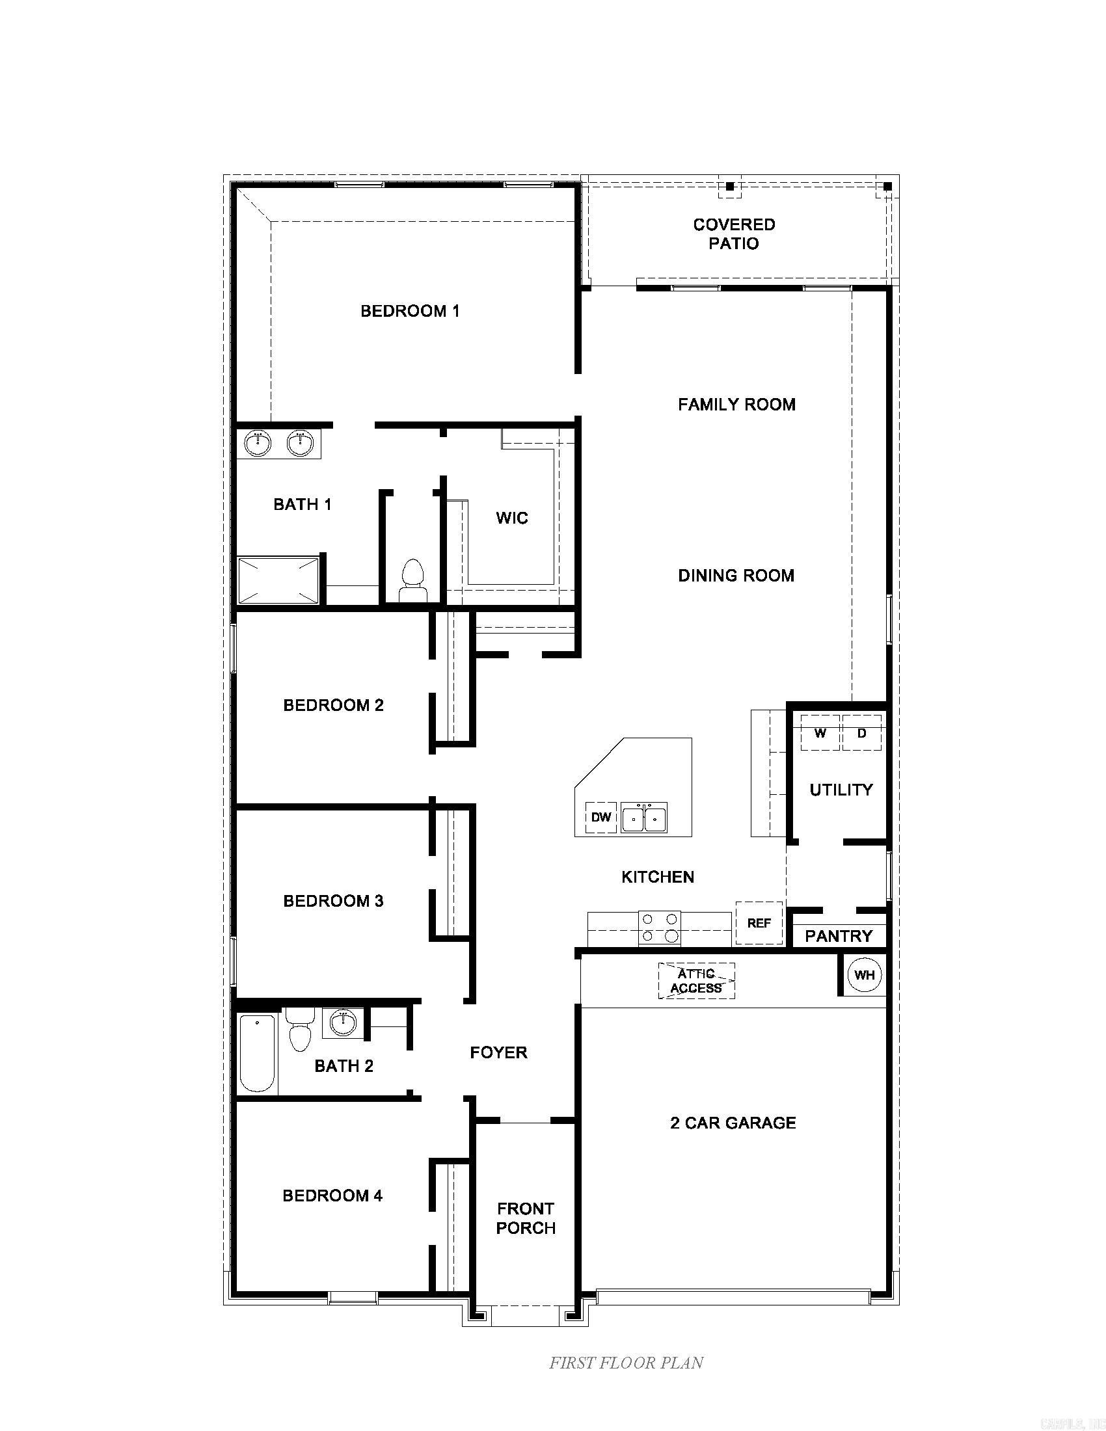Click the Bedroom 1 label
[x=410, y=310]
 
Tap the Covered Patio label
[x=734, y=234]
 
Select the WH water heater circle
[x=864, y=975]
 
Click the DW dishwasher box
[x=601, y=817]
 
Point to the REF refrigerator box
[x=759, y=923]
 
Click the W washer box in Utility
[x=820, y=733]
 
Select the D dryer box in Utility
[x=861, y=733]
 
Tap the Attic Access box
[x=697, y=981]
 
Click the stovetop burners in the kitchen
[x=660, y=928]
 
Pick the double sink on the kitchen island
[x=644, y=818]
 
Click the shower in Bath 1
[x=278, y=580]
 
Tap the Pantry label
[x=839, y=936]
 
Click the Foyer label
[x=498, y=1052]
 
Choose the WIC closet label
[x=512, y=518]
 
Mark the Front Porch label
[x=526, y=1218]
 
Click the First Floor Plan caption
[x=626, y=1363]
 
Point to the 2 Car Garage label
[x=733, y=1123]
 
